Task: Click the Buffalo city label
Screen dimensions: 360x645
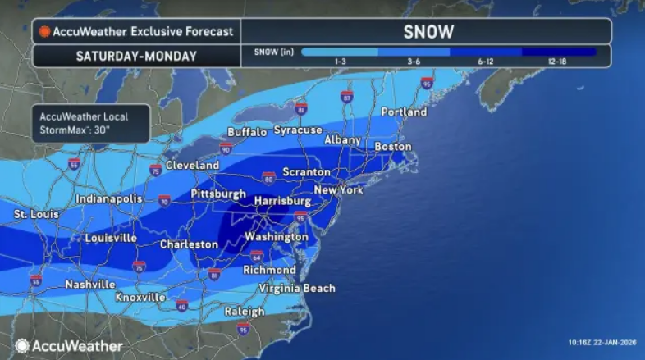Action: pyautogui.click(x=247, y=131)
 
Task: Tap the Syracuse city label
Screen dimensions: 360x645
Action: pyautogui.click(x=297, y=130)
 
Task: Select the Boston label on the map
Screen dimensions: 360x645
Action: pyautogui.click(x=392, y=146)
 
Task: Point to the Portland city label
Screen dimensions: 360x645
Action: pyautogui.click(x=403, y=111)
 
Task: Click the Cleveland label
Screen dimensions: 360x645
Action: pyautogui.click(x=192, y=165)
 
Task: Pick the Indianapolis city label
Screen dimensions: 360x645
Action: pyautogui.click(x=109, y=199)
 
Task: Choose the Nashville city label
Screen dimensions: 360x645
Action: pyautogui.click(x=89, y=284)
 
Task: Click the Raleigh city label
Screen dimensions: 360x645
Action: pyautogui.click(x=245, y=312)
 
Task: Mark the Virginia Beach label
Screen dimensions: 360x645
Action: pyautogui.click(x=296, y=288)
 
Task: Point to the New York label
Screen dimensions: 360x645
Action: pyautogui.click(x=338, y=190)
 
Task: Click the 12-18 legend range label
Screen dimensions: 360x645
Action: pyautogui.click(x=558, y=62)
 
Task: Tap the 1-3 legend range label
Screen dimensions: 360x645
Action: pyautogui.click(x=339, y=62)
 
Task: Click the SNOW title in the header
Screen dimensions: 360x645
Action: pyautogui.click(x=428, y=32)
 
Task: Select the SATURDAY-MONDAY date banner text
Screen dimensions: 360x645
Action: pyautogui.click(x=135, y=56)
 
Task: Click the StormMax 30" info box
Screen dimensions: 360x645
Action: pyautogui.click(x=90, y=123)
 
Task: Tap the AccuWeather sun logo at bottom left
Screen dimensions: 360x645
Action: pyautogui.click(x=22, y=346)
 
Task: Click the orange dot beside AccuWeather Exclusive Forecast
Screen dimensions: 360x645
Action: pyautogui.click(x=44, y=32)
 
